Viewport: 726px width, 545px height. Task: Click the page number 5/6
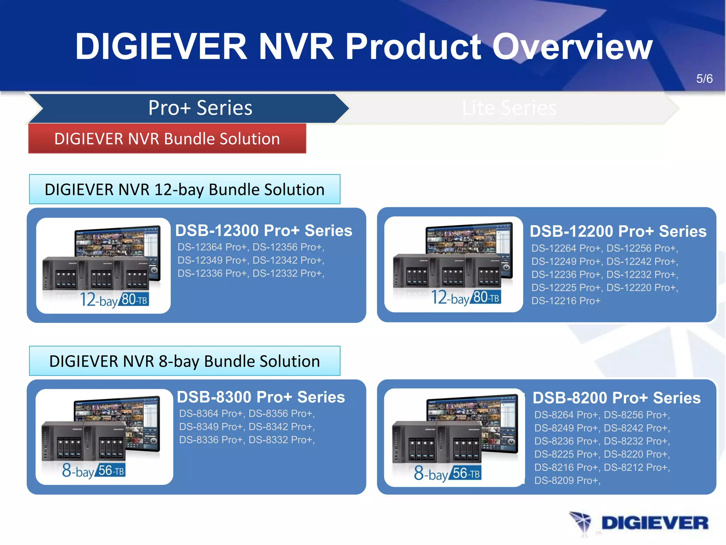704,78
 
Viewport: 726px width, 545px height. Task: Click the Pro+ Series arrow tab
200,108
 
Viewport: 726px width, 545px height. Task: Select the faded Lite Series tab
509,108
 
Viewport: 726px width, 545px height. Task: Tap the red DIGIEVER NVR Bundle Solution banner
167,138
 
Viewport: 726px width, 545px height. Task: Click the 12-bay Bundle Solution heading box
184,189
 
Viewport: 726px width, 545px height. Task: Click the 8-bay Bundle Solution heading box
184,361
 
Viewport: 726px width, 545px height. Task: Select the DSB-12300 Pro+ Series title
264,230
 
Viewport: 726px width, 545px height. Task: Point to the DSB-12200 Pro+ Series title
618,231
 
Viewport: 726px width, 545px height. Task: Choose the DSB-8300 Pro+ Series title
261,397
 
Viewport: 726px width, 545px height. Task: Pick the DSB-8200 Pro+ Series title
616,398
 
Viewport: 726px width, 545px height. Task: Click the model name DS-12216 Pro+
566,301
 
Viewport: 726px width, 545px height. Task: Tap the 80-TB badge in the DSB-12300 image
134,299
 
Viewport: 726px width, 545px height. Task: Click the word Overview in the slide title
572,46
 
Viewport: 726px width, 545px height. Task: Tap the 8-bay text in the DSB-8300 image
78,471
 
